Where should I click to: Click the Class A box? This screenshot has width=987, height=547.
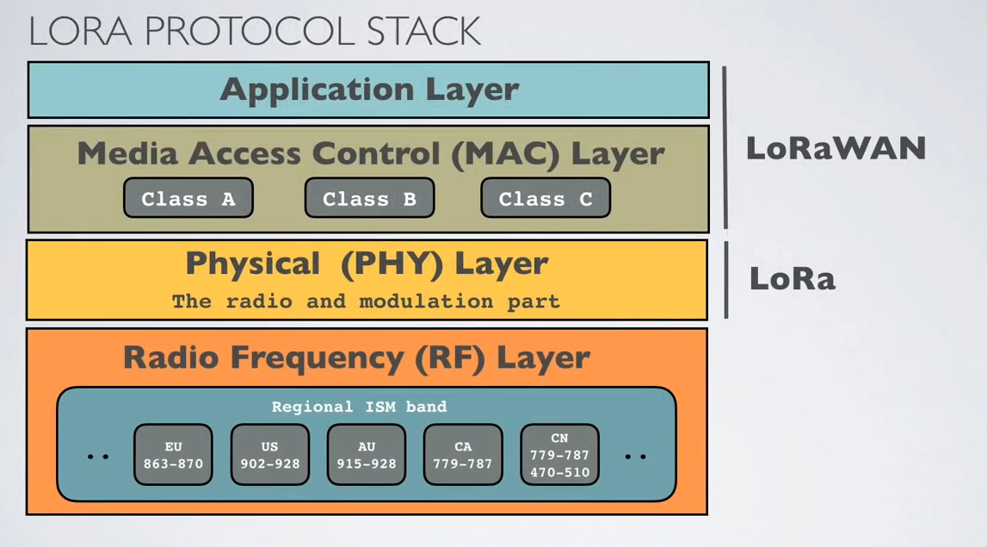188,198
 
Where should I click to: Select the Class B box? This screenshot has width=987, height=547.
369,198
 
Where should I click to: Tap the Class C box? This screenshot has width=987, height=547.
546,198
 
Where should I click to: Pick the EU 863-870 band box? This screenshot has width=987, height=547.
173,454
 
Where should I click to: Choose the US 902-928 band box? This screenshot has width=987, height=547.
270,454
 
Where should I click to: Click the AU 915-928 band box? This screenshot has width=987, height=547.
367,454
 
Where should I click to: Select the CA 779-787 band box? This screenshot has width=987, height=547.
463,454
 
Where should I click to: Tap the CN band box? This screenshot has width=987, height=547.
559,454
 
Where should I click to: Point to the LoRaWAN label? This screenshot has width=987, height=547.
836,149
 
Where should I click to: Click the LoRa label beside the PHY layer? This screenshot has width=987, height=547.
793,278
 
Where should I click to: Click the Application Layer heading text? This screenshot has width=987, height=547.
369,90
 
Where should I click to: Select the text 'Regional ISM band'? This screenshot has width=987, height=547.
360,407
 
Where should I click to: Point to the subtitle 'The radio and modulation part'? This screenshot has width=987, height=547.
366,301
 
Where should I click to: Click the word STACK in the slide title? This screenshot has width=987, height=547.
424,32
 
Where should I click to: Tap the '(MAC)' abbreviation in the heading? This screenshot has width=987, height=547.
505,154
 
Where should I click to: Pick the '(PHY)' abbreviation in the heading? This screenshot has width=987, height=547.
392,264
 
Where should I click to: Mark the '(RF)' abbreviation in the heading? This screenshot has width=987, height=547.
450,358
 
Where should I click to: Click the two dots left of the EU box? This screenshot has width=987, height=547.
98,457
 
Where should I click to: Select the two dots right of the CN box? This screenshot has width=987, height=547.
635,457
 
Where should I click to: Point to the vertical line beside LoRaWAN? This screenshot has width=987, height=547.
725,147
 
